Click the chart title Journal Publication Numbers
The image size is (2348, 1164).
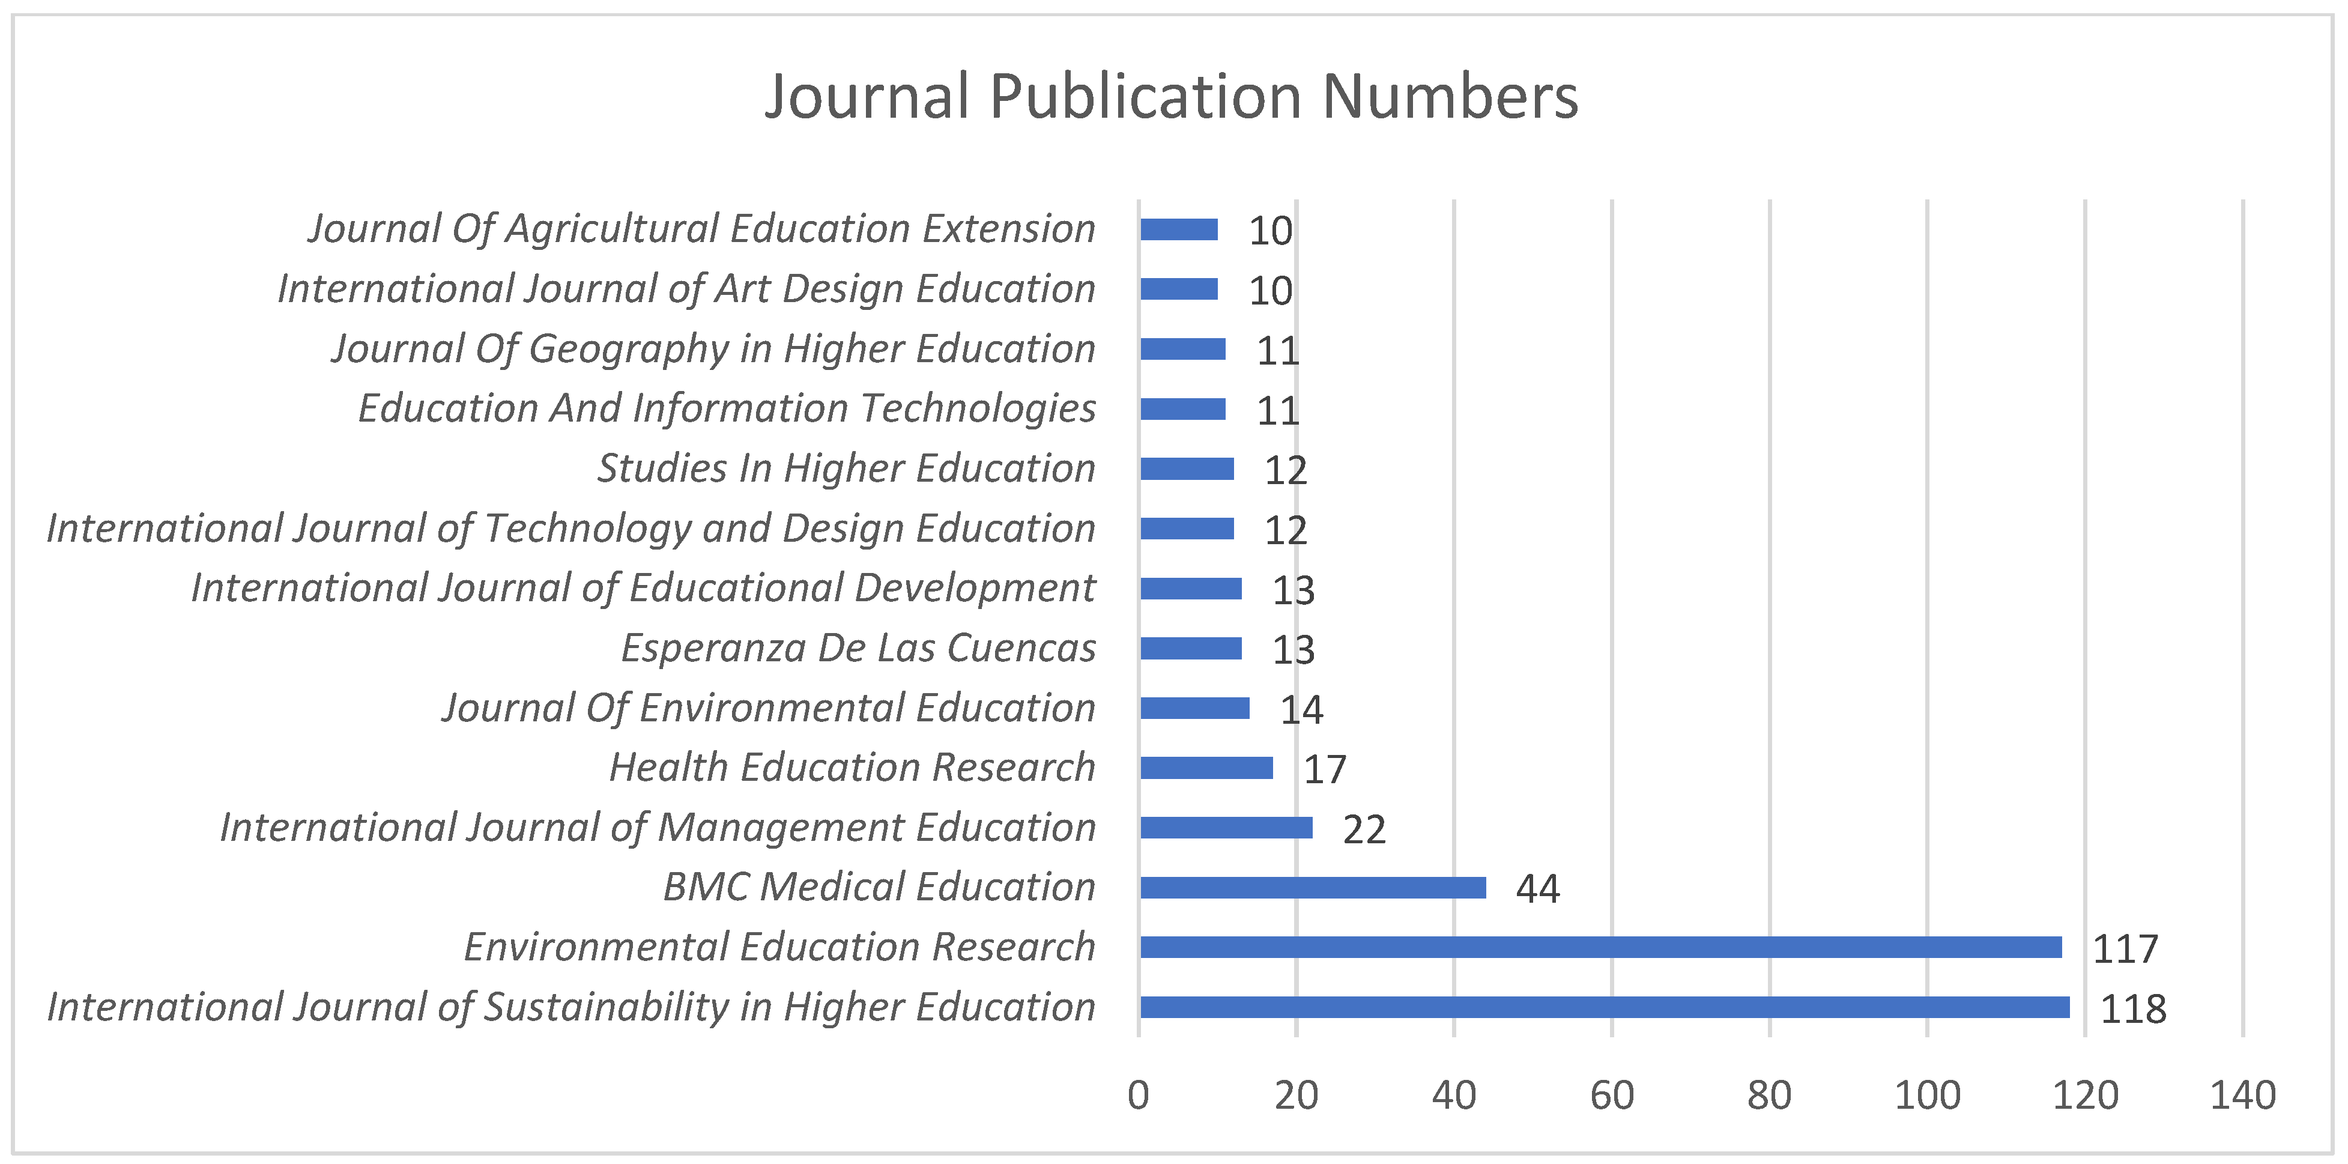[x=1171, y=97]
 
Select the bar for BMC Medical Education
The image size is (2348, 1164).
[x=1313, y=887]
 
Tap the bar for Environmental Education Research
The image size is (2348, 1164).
[x=1600, y=947]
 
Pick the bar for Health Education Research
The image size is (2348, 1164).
[x=1206, y=768]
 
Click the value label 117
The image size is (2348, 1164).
[x=2125, y=949]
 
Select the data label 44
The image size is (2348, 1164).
[x=1538, y=889]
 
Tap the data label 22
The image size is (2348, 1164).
[x=1364, y=829]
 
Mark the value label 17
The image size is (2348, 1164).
[x=1324, y=769]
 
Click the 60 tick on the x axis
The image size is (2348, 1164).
[x=1612, y=1095]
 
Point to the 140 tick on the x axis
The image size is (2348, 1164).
[x=2242, y=1095]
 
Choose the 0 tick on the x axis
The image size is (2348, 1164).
[x=1139, y=1095]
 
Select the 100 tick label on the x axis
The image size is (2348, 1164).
[x=1927, y=1095]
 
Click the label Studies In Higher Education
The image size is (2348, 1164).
[x=846, y=468]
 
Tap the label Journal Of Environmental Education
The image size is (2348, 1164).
[x=769, y=708]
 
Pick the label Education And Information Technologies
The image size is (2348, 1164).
[x=727, y=408]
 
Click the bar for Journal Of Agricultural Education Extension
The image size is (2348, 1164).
[x=1179, y=229]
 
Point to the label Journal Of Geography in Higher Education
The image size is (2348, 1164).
[x=713, y=349]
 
